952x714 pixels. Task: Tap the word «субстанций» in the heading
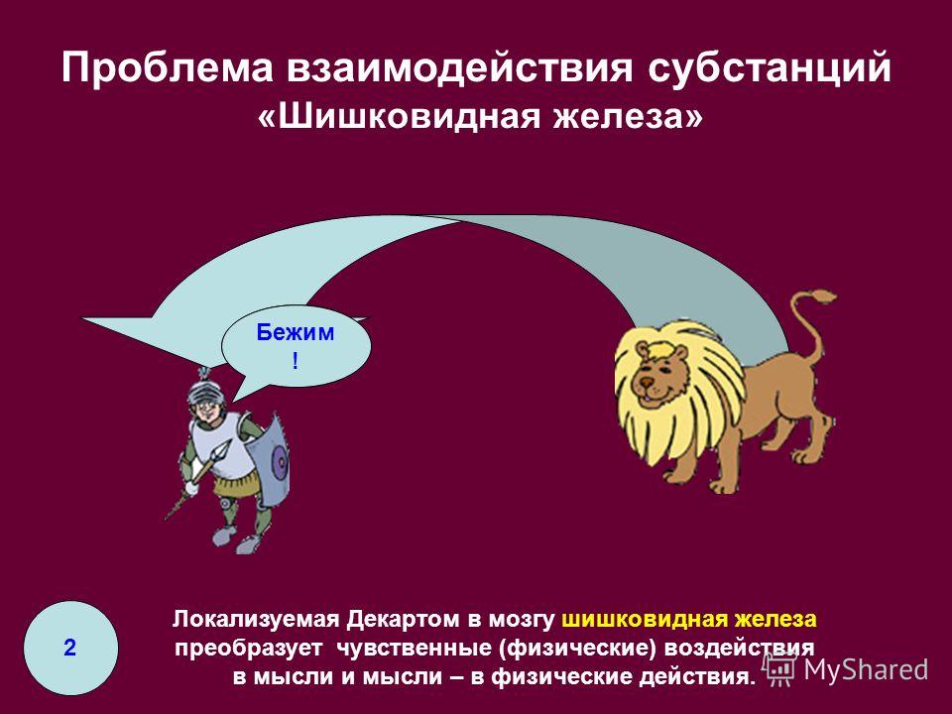[770, 68]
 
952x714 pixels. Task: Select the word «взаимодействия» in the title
[459, 68]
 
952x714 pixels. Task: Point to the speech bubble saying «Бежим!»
[296, 346]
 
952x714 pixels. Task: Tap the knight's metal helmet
[206, 393]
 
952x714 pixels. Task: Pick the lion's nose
[648, 382]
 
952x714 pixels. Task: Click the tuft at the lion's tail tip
[823, 297]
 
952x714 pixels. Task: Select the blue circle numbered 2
[70, 648]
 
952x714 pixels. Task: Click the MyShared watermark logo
[846, 669]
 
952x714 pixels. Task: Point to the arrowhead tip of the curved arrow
[83, 318]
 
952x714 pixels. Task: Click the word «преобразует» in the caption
[248, 649]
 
